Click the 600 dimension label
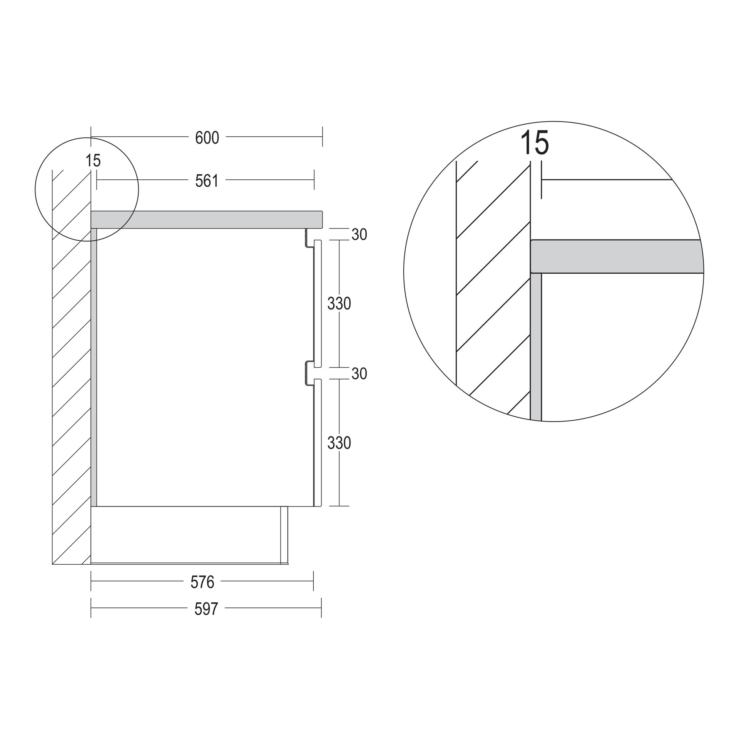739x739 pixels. [x=207, y=138]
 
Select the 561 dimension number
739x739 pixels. [x=207, y=181]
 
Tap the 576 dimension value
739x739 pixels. [x=202, y=582]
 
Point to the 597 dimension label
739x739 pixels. [x=206, y=609]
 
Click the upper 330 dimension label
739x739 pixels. [x=339, y=304]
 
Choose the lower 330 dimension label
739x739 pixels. [x=339, y=443]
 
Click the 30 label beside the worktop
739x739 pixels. [x=359, y=234]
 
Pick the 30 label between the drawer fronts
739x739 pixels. [x=359, y=374]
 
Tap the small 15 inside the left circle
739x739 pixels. [x=93, y=161]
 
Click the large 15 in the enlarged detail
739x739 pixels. [x=535, y=142]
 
